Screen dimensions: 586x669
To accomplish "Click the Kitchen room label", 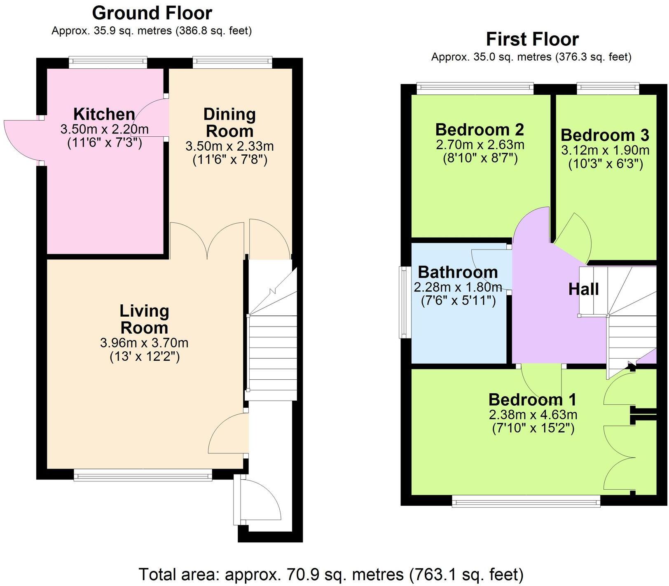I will tap(104, 114).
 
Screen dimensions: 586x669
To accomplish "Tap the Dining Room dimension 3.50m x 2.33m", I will tap(229, 146).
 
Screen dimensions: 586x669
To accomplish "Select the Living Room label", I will tap(144, 319).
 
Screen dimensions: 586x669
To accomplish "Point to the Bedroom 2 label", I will tap(480, 130).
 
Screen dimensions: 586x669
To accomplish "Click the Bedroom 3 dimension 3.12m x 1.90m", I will tap(605, 150).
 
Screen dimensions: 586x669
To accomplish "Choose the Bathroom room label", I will tap(458, 272).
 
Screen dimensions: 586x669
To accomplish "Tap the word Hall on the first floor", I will tap(583, 289).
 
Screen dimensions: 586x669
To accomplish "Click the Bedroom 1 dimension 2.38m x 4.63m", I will tap(533, 415).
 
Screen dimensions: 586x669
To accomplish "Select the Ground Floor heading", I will tap(152, 13).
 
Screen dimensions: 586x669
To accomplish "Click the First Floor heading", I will tap(532, 40).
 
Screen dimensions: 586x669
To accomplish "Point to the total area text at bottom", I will tap(331, 574).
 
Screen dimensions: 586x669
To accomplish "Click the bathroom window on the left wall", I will tap(403, 302).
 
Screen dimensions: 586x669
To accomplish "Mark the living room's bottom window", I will tap(143, 476).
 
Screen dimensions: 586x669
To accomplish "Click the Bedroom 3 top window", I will tap(608, 86).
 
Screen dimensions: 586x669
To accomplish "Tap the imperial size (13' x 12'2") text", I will tap(145, 357).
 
